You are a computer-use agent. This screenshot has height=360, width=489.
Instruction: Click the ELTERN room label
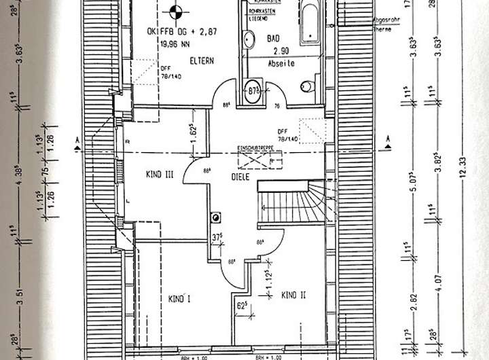(202, 60)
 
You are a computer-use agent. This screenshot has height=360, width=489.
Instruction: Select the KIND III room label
(160, 175)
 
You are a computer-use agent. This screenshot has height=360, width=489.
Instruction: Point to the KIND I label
(178, 298)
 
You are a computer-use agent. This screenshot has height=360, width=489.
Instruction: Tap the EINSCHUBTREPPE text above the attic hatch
(254, 147)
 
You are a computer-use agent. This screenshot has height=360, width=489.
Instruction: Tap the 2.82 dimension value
(414, 300)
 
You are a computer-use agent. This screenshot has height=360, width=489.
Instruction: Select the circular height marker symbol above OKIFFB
(175, 11)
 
